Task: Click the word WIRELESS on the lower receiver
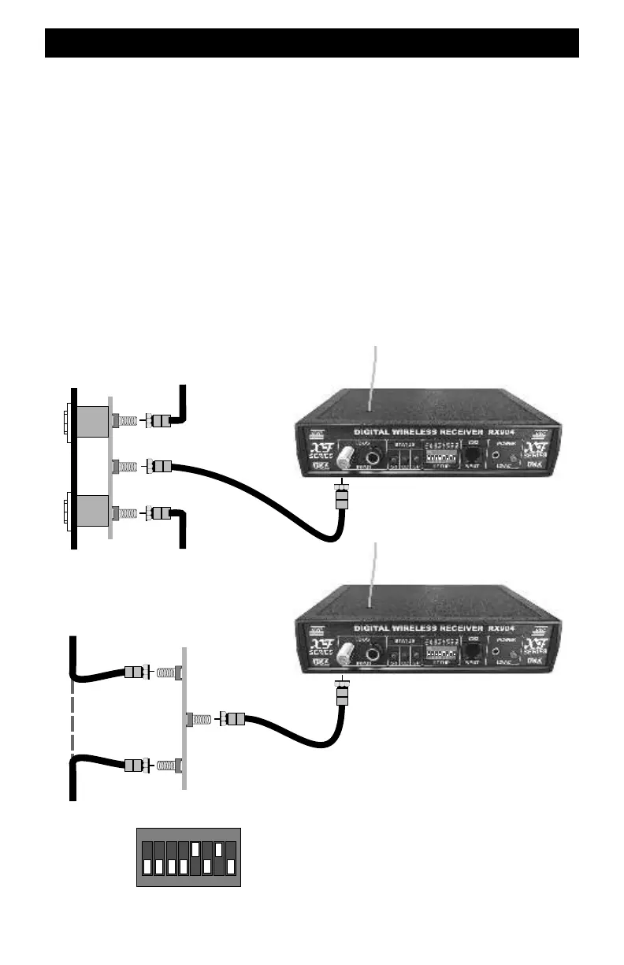(436, 628)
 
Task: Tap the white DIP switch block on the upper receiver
(444, 456)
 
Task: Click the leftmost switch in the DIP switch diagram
(146, 858)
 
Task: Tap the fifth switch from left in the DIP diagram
(195, 858)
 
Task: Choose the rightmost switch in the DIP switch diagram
(231, 858)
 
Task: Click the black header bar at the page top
(312, 43)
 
